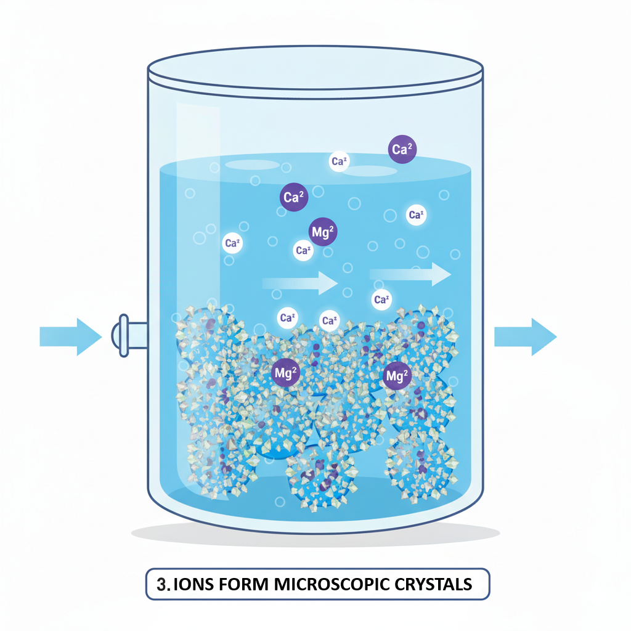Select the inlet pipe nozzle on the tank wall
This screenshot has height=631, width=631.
pos(125,335)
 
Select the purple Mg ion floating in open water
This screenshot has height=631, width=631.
pos(323,232)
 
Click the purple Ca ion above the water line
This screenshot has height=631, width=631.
pos(402,150)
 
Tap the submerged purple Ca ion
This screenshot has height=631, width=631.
pos(293,198)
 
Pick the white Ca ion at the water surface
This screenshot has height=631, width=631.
pos(339,161)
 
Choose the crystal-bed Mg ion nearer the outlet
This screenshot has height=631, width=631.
pos(396,376)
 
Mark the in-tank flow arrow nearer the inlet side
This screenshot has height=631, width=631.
pos(300,283)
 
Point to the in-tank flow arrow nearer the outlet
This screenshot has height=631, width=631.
pos(410,274)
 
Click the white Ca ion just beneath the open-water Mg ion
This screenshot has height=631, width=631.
pos(302,250)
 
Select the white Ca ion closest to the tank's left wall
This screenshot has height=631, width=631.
pos(232,243)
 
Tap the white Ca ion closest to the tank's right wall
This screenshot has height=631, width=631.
pos(416,215)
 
